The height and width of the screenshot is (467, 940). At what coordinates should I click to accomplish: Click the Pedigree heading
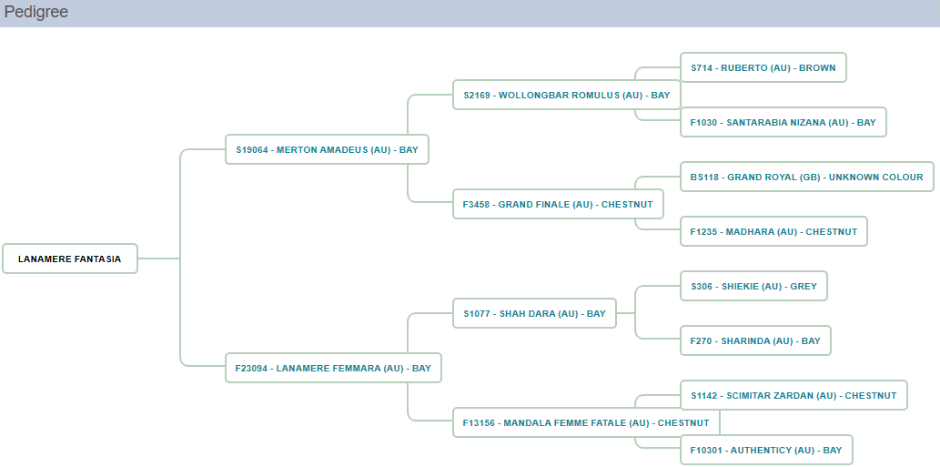pyautogui.click(x=36, y=13)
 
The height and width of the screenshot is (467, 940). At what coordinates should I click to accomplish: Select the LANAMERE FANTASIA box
pyautogui.click(x=70, y=259)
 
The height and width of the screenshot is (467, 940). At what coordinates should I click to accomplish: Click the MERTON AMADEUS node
pyautogui.click(x=327, y=149)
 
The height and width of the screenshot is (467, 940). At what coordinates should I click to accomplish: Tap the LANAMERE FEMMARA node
pyautogui.click(x=333, y=368)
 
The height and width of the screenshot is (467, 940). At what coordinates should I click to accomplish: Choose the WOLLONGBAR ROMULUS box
pyautogui.click(x=566, y=95)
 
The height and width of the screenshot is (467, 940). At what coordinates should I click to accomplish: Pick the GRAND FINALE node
pyautogui.click(x=557, y=204)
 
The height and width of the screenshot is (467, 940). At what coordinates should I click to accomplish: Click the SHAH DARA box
pyautogui.click(x=534, y=313)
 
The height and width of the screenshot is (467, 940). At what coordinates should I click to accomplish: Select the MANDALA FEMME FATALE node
pyautogui.click(x=586, y=422)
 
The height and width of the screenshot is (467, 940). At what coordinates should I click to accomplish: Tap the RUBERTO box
pyautogui.click(x=763, y=67)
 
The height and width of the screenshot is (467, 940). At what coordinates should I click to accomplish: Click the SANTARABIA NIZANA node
pyautogui.click(x=783, y=122)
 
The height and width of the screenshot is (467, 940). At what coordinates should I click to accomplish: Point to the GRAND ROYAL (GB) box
pyautogui.click(x=806, y=177)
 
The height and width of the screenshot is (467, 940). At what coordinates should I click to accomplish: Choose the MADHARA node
pyautogui.click(x=773, y=231)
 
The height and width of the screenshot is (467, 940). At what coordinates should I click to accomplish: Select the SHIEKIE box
pyautogui.click(x=753, y=286)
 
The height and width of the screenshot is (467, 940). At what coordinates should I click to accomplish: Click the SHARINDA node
pyautogui.click(x=755, y=340)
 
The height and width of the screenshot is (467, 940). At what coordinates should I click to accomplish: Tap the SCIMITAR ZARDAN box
pyautogui.click(x=793, y=395)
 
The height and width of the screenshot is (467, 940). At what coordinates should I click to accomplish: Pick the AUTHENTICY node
pyautogui.click(x=766, y=450)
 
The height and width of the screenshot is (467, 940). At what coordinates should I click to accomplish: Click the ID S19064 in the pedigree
pyautogui.click(x=252, y=149)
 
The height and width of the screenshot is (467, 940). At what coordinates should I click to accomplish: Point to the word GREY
pyautogui.click(x=804, y=286)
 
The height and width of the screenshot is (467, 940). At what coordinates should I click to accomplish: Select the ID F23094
pyautogui.click(x=252, y=368)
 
